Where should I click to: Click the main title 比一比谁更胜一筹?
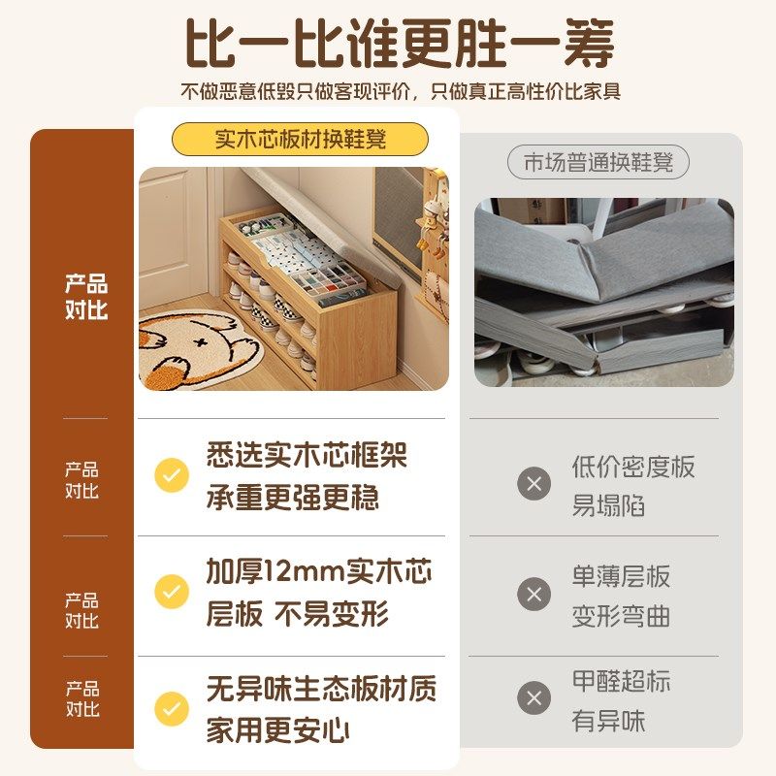(x=400, y=44)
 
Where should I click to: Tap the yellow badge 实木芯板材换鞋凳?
(x=300, y=139)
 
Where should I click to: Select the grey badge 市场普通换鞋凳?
(x=598, y=163)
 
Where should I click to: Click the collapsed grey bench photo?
(x=603, y=292)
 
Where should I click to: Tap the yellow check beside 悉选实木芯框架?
(x=172, y=476)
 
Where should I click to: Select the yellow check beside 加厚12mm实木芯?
(x=172, y=591)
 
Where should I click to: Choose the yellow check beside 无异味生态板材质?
(x=172, y=709)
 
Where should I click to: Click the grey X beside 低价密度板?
(x=533, y=482)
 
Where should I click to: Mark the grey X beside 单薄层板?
(x=533, y=594)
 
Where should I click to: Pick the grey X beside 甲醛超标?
(x=533, y=697)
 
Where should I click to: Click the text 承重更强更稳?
(x=292, y=498)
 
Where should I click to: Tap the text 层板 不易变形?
(x=297, y=614)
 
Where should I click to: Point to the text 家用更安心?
(x=277, y=730)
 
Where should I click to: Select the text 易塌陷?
(x=608, y=506)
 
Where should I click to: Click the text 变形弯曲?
(x=621, y=617)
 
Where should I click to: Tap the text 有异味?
(x=608, y=721)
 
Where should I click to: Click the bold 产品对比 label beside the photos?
(x=86, y=297)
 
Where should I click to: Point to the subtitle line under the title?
(x=400, y=92)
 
